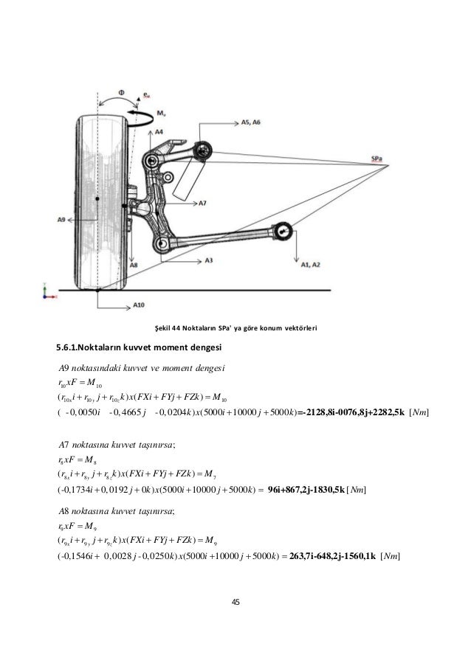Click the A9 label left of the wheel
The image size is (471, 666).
[63, 218]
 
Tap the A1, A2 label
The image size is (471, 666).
[309, 263]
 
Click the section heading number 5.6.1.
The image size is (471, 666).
[71, 347]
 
